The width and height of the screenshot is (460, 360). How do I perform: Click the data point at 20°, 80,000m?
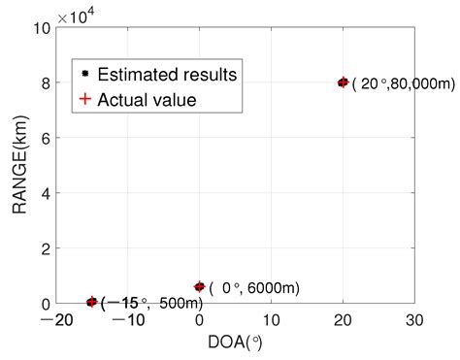tap(343, 82)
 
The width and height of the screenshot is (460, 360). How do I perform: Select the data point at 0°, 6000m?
tap(200, 287)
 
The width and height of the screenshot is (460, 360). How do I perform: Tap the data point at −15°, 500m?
tap(92, 302)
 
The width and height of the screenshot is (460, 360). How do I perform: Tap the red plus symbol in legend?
tap(85, 99)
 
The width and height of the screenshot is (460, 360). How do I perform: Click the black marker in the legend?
tap(85, 73)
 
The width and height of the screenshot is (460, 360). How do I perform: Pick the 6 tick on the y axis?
tap(45, 138)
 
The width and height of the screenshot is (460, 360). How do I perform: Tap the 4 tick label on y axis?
tap(45, 193)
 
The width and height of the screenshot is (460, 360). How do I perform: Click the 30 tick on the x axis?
tap(414, 321)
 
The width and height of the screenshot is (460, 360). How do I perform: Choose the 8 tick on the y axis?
tap(45, 83)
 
